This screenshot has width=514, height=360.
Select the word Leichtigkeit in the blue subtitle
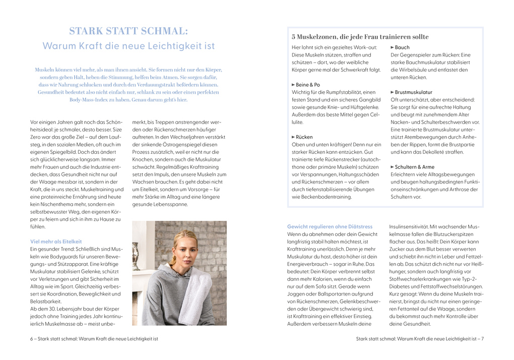pyautogui.click(x=165, y=46)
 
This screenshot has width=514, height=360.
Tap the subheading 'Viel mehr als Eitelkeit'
pyautogui.click(x=56, y=242)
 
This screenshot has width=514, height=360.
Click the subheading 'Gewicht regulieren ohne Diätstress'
pyautogui.click(x=330, y=226)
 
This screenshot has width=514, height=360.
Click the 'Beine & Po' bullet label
pyautogui.click(x=308, y=85)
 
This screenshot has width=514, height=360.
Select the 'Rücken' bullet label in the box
pyautogui.click(x=304, y=137)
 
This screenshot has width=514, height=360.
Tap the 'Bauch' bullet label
pyautogui.click(x=402, y=47)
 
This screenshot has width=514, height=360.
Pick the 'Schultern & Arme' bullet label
pyautogui.click(x=414, y=167)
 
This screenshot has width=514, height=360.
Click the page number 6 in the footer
pyautogui.click(x=32, y=339)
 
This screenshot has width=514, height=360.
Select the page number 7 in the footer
pyautogui.click(x=482, y=339)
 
